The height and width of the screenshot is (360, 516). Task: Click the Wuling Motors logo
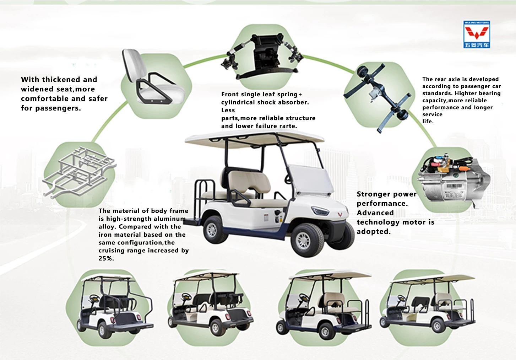(477, 34)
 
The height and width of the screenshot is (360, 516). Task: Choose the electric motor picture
(451, 179)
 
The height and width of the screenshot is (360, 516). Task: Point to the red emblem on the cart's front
(340, 215)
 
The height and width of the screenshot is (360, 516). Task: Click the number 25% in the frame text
(106, 259)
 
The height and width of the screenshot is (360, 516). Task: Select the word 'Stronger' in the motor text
(371, 194)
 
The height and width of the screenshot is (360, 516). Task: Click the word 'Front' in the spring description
(230, 95)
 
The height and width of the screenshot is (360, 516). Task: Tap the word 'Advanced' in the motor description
(375, 213)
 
